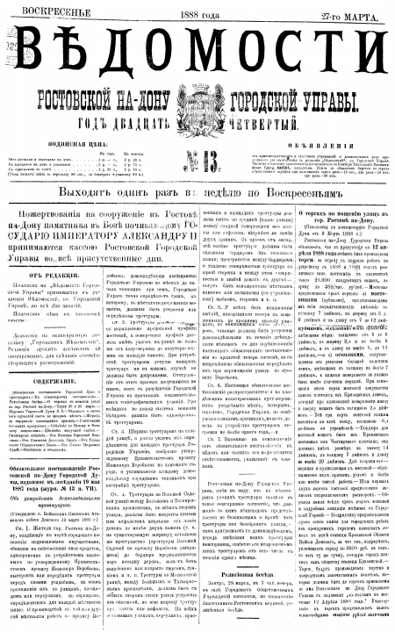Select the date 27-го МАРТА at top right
click(348, 8)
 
